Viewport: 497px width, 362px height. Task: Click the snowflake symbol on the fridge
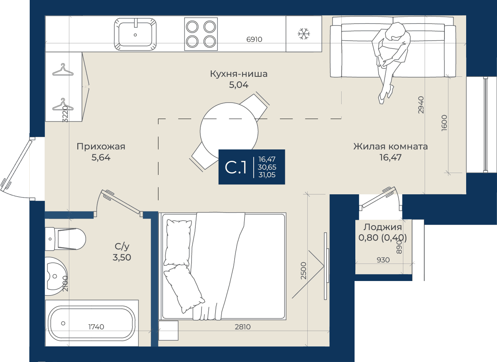click(304, 34)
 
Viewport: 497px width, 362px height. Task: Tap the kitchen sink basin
click(135, 34)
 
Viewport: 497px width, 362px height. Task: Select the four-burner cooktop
click(201, 34)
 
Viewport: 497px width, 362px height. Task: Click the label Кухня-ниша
click(239, 74)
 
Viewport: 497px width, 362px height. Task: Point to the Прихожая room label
click(101, 146)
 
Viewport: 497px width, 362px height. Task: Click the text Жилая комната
click(390, 146)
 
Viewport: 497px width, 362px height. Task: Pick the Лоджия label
click(383, 227)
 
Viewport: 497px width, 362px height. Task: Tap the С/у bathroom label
click(122, 246)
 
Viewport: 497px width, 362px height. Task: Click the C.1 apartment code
click(236, 167)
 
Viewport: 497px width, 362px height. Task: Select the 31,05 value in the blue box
click(267, 175)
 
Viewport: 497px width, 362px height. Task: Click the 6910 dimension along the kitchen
click(254, 40)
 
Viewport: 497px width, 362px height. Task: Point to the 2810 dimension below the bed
click(243, 327)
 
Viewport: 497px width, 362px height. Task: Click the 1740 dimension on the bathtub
click(96, 327)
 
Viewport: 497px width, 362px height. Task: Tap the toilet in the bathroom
click(66, 239)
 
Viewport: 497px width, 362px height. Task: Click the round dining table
click(229, 131)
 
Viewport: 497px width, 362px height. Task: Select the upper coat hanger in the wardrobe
click(63, 70)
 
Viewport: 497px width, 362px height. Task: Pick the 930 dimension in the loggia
click(383, 260)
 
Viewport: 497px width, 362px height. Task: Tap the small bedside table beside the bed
click(168, 330)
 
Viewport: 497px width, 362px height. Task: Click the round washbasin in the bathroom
click(56, 276)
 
